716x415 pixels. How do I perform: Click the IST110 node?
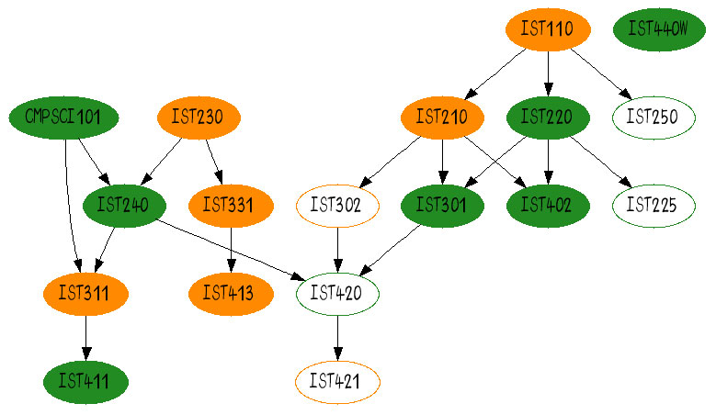pyautogui.click(x=547, y=29)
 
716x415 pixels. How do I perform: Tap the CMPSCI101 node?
pyautogui.click(x=63, y=118)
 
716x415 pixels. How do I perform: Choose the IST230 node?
pyautogui.click(x=199, y=118)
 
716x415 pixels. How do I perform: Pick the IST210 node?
pyautogui.click(x=443, y=118)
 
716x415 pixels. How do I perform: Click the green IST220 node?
pyautogui.click(x=548, y=118)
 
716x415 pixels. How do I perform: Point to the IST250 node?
pyautogui.click(x=653, y=118)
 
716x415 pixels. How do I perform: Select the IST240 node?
pyautogui.click(x=122, y=205)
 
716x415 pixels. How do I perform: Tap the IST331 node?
pyautogui.click(x=229, y=205)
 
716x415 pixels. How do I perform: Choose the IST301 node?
pyautogui.click(x=443, y=205)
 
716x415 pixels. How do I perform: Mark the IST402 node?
pyautogui.click(x=548, y=205)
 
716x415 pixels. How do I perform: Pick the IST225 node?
pyautogui.click(x=653, y=205)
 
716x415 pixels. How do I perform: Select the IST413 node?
pyautogui.click(x=229, y=294)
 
